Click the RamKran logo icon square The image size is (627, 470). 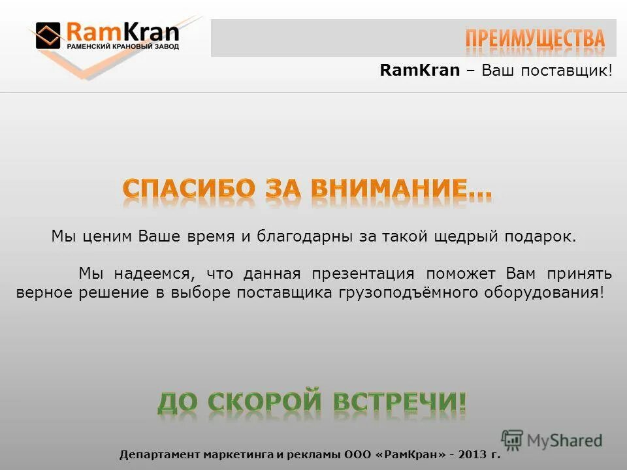click(x=48, y=35)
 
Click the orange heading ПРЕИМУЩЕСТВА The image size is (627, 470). click(x=535, y=39)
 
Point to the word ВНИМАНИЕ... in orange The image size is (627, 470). click(x=401, y=189)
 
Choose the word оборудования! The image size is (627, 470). click(x=544, y=292)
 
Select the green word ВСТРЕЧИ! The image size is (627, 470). click(x=400, y=401)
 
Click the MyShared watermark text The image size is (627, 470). click(x=564, y=441)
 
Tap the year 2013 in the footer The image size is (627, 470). click(x=472, y=455)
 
